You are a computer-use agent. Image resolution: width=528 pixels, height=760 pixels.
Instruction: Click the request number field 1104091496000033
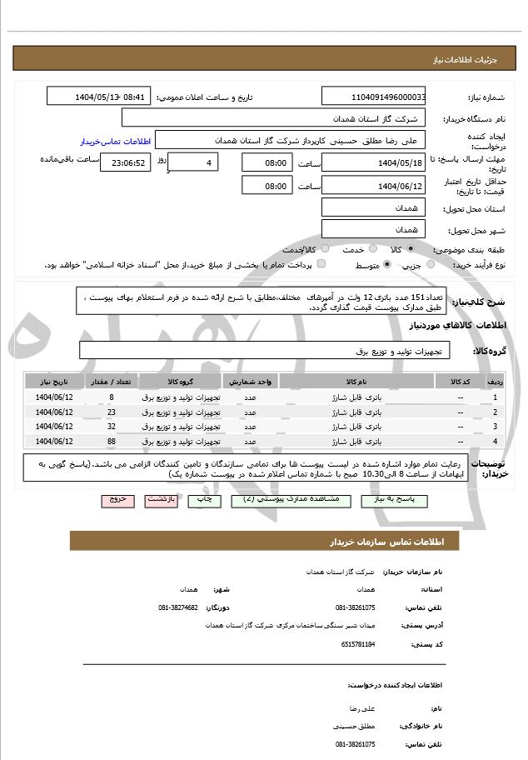tap(373, 97)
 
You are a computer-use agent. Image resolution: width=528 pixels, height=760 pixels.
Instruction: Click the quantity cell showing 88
tap(112, 441)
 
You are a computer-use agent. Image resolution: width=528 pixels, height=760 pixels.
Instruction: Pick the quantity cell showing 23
tap(112, 412)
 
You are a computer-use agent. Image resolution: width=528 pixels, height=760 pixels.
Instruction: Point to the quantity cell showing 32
tap(112, 427)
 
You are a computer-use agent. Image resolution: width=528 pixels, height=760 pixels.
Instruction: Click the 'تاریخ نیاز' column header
tap(55, 381)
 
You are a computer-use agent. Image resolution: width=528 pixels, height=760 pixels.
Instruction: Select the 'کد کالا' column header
tap(461, 381)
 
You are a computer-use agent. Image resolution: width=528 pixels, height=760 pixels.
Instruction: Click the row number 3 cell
tap(496, 427)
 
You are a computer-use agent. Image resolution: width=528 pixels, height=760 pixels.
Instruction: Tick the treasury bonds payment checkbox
tap(321, 265)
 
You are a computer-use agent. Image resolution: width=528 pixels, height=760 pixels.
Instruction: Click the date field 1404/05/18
tap(373, 162)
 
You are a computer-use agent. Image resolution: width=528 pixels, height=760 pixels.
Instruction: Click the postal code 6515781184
tap(358, 644)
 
